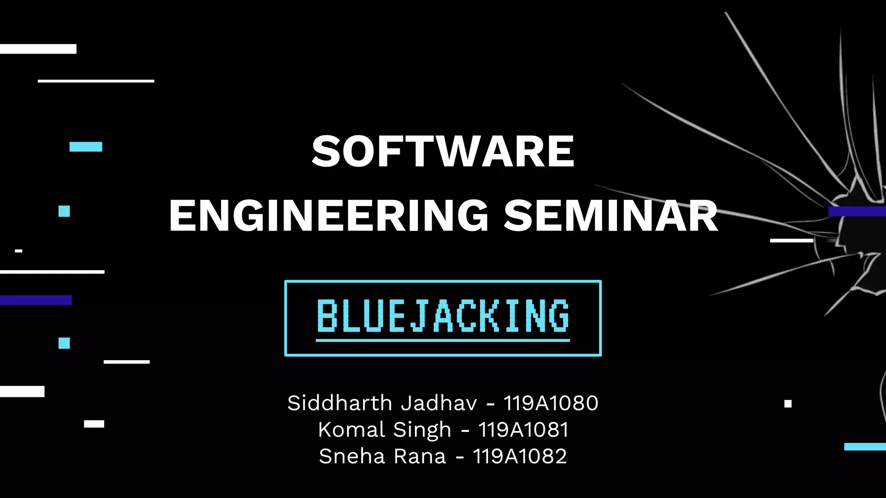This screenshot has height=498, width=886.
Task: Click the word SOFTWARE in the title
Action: (x=443, y=151)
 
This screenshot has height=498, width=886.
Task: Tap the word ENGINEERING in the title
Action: (x=328, y=216)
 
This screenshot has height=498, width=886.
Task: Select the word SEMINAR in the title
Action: (x=611, y=216)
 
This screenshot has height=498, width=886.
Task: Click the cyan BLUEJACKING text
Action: (x=443, y=316)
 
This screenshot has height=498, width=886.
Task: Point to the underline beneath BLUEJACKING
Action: (x=443, y=341)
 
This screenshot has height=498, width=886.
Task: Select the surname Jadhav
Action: (x=439, y=403)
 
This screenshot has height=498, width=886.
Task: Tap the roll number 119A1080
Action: (x=551, y=403)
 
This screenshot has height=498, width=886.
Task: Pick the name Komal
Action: (x=351, y=430)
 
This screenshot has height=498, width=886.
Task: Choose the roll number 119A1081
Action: (x=523, y=430)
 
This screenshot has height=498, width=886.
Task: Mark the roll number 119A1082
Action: (x=520, y=456)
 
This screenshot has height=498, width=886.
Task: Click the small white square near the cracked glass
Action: (x=788, y=404)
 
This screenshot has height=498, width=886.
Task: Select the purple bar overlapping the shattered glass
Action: (x=857, y=211)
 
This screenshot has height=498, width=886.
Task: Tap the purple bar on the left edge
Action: (x=35, y=300)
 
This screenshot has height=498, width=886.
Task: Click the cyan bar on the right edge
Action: (x=865, y=447)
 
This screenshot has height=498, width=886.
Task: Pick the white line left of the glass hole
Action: (x=792, y=240)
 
